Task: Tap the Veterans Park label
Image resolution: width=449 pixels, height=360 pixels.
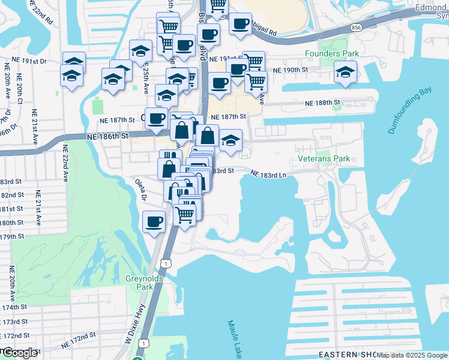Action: point(324,159)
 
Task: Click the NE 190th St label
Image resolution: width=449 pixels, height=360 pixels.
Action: point(290,70)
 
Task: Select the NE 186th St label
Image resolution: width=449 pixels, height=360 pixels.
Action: point(107,137)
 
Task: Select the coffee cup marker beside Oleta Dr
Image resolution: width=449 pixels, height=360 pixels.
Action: point(154,222)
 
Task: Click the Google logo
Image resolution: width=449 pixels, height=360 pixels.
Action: point(19,353)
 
